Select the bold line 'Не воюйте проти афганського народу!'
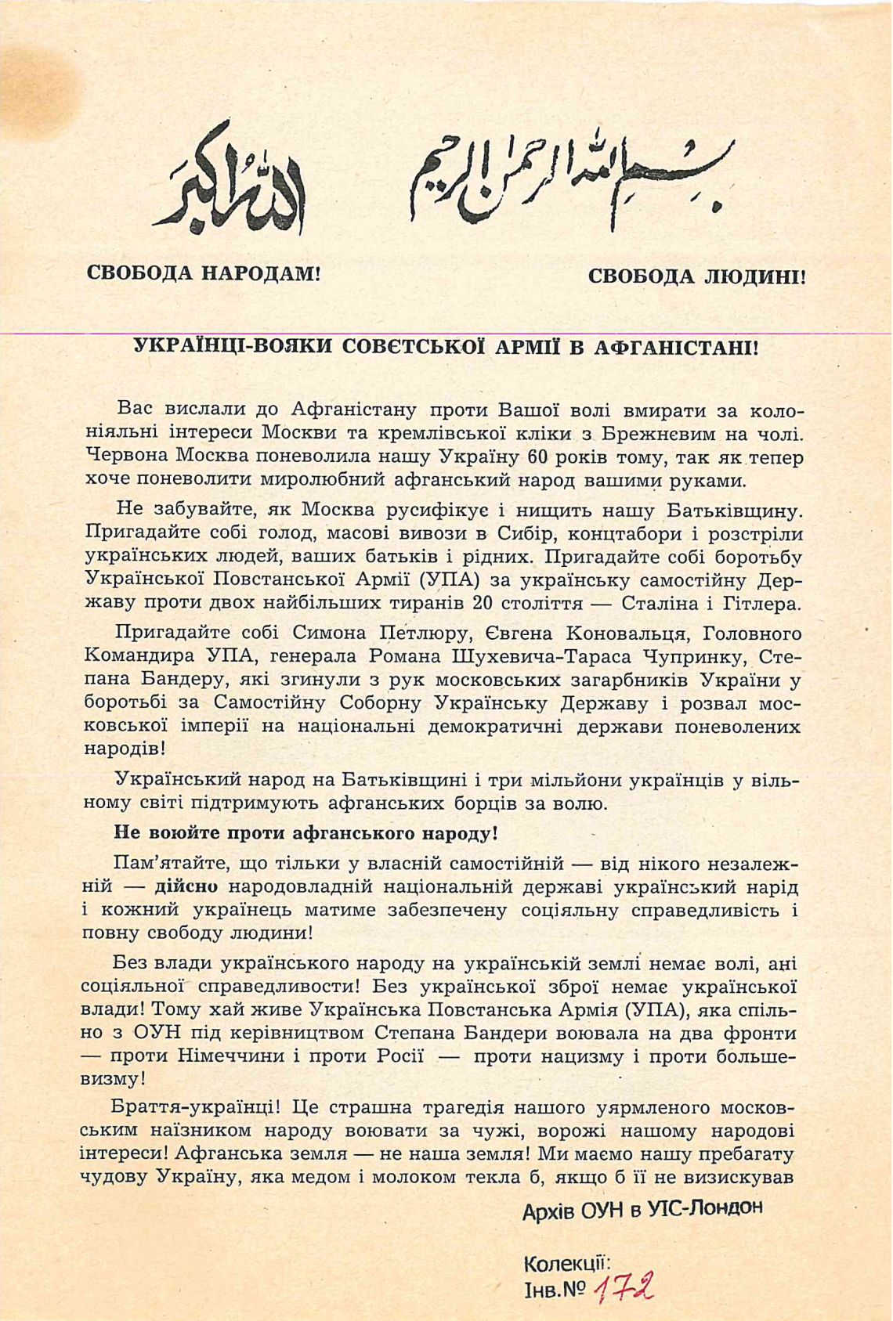(x=305, y=832)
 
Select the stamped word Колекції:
(x=566, y=1262)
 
